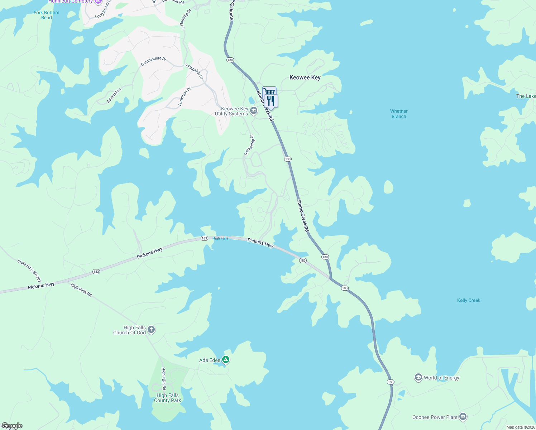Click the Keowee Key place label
click(305, 77)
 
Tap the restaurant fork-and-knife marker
click(271, 101)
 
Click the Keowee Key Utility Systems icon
click(254, 111)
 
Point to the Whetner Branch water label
click(399, 114)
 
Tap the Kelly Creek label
click(469, 300)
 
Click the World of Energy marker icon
click(418, 377)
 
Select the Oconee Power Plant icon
click(463, 417)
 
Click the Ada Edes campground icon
click(225, 359)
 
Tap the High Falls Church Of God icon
click(151, 329)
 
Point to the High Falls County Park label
click(167, 398)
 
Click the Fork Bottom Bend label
click(47, 15)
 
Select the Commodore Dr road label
click(154, 61)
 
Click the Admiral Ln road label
click(114, 96)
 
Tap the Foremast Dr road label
click(185, 97)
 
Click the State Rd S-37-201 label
click(29, 271)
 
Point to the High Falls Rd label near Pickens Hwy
click(81, 290)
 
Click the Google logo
click(12, 426)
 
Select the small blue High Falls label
click(220, 238)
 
